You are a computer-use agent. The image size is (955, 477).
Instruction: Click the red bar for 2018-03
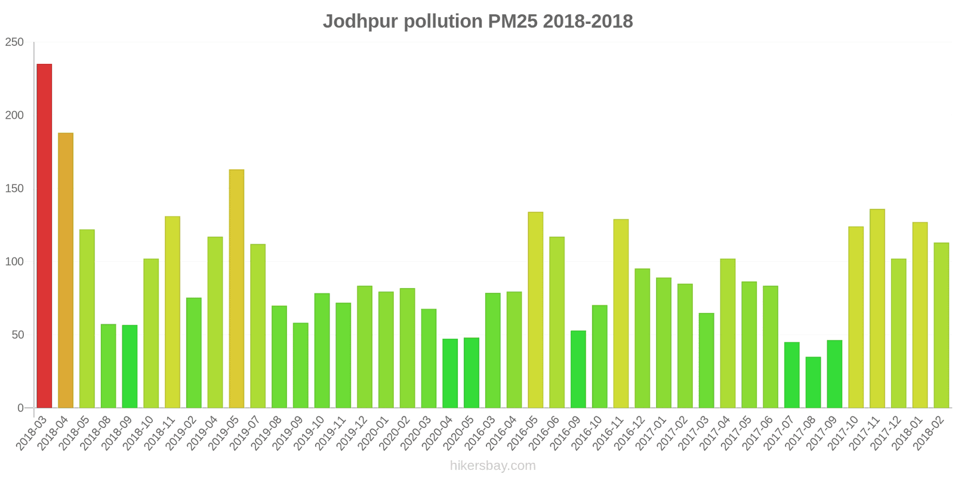click(x=44, y=236)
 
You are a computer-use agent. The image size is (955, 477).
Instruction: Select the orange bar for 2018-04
click(x=66, y=270)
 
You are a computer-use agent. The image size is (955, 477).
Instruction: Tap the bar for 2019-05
click(x=236, y=289)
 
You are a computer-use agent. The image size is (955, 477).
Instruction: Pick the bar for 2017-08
click(x=813, y=382)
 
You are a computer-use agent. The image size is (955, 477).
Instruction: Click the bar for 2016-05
click(x=535, y=309)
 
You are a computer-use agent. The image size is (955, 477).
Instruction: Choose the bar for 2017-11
click(x=877, y=308)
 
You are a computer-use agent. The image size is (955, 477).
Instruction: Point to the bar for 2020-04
click(x=450, y=373)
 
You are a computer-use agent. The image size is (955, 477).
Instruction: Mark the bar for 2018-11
click(x=172, y=312)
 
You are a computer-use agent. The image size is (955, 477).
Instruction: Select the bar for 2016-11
click(x=621, y=314)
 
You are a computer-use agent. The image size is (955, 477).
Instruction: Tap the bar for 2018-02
click(x=941, y=325)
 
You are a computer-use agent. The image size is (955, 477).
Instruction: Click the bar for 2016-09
click(x=578, y=369)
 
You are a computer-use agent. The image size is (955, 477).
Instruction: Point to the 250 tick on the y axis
click(x=14, y=42)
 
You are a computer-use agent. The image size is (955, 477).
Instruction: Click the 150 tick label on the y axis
click(x=14, y=188)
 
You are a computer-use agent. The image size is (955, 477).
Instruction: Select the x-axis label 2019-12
click(x=352, y=434)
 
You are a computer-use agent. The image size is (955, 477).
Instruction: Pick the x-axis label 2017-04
click(x=715, y=434)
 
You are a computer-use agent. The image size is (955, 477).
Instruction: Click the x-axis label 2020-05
click(x=459, y=434)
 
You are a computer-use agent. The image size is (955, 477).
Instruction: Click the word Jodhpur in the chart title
click(x=361, y=21)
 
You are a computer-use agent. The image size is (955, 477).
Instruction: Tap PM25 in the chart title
click(x=513, y=21)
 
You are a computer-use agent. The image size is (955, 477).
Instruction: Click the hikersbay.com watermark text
click(x=493, y=466)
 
